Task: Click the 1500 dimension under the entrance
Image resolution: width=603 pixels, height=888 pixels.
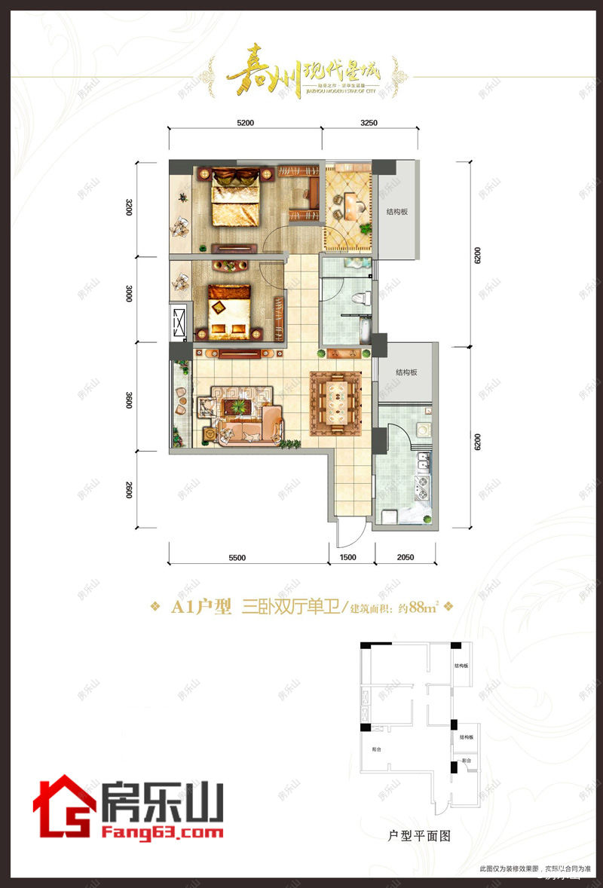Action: point(347,557)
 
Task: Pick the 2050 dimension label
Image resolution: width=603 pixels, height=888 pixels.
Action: point(405,557)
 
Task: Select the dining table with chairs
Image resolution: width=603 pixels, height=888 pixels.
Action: point(340,402)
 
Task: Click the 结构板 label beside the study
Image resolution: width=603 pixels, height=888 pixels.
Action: point(396,213)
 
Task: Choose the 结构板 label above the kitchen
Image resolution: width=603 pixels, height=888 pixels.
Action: point(409,373)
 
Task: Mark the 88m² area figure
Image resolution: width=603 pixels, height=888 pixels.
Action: point(424,608)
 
